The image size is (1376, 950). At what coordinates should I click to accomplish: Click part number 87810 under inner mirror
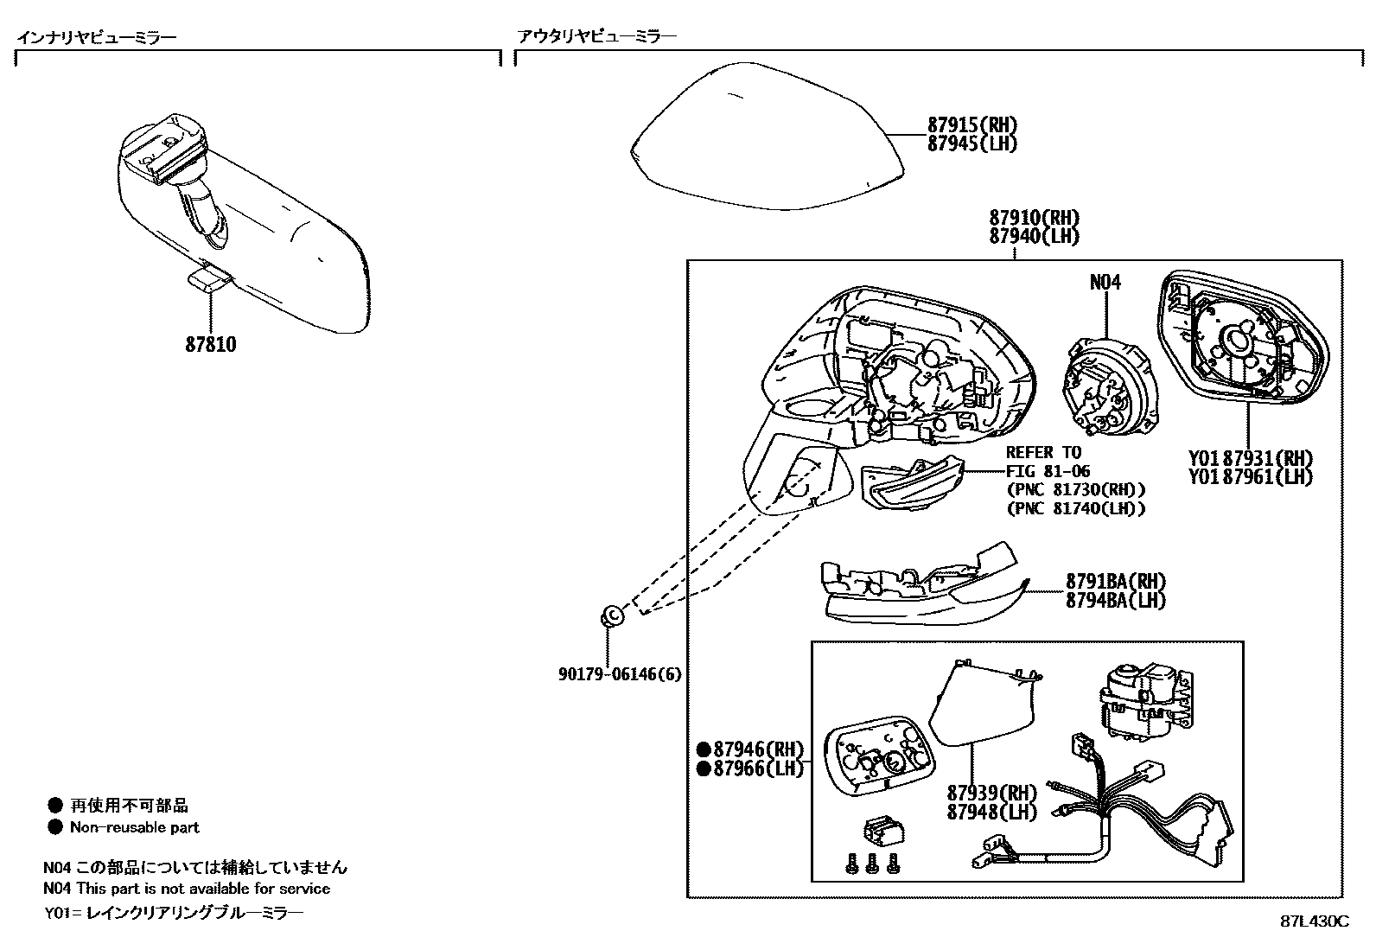pos(210,344)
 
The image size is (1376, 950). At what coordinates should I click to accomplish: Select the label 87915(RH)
pos(971,124)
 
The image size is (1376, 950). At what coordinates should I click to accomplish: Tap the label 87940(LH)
pos(1034,236)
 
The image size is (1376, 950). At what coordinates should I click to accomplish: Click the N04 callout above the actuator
pos(1105,282)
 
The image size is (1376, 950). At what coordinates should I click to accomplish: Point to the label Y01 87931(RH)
pos(1250,458)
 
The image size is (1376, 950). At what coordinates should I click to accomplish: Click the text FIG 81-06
pos(1048,471)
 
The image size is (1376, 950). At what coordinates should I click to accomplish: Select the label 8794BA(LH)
pos(1115,600)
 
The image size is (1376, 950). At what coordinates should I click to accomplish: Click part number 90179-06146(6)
pos(619,673)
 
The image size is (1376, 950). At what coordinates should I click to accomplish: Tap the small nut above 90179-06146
pos(611,615)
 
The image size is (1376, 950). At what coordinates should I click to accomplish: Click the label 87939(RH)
pos(991,793)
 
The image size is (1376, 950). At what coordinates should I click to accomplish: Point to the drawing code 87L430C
pos(1314,921)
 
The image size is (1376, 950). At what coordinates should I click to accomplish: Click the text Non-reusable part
pos(134,827)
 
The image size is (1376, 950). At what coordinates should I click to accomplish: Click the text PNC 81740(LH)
pos(1076,508)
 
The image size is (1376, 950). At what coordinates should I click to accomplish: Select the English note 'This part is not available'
pos(203,889)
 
